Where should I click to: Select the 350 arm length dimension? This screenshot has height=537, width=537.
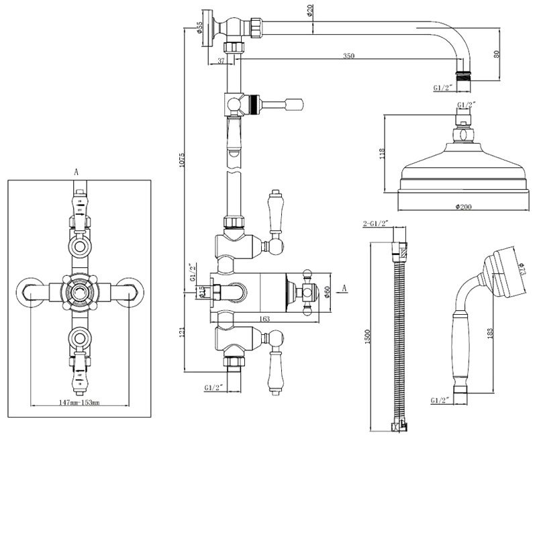point(348,56)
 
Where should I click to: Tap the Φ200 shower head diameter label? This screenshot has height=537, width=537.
point(462,206)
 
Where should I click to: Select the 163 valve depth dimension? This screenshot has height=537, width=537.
point(263,320)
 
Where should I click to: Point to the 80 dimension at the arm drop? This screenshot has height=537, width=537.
point(497,54)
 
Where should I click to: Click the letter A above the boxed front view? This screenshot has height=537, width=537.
point(76,173)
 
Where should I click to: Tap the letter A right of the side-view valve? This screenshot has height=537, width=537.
point(344,288)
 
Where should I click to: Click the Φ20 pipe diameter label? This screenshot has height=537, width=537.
point(311,12)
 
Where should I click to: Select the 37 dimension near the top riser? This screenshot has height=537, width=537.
point(222,62)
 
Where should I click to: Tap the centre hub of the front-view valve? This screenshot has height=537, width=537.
point(79,291)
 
